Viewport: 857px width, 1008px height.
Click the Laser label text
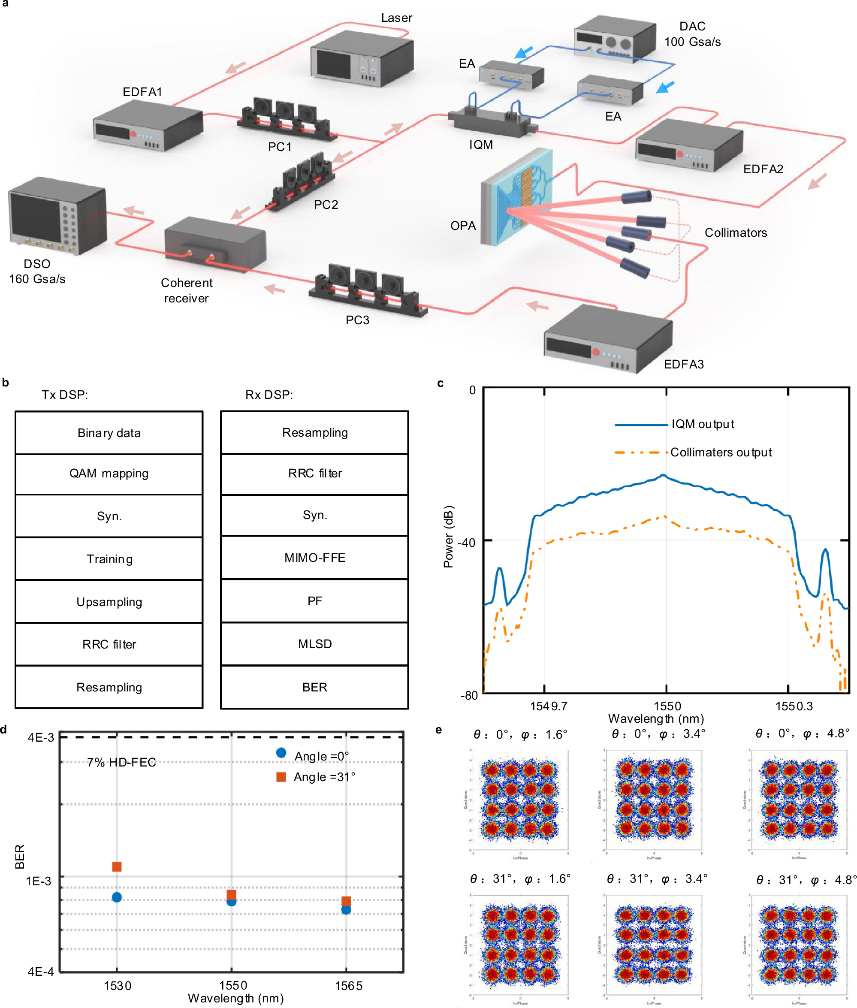point(396,18)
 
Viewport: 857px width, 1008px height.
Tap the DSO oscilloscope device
point(57,216)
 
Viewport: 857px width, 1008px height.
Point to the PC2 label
point(326,205)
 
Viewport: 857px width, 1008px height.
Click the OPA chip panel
point(516,197)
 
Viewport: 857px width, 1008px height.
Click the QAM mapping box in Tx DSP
point(109,474)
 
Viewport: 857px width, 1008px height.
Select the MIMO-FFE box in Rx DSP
point(314,558)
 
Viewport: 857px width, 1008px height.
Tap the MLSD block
point(314,644)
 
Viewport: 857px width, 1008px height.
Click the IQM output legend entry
point(702,424)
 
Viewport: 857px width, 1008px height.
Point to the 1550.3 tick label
point(794,706)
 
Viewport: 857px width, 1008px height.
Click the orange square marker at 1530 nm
point(117,866)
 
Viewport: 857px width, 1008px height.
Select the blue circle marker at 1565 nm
point(346,910)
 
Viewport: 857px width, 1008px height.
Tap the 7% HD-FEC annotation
point(121,762)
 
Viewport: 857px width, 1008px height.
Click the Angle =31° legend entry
point(324,777)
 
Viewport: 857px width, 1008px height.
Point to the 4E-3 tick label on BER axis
point(41,737)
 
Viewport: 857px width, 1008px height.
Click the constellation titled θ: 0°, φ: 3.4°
point(653,800)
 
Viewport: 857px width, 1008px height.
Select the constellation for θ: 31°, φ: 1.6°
point(519,945)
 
